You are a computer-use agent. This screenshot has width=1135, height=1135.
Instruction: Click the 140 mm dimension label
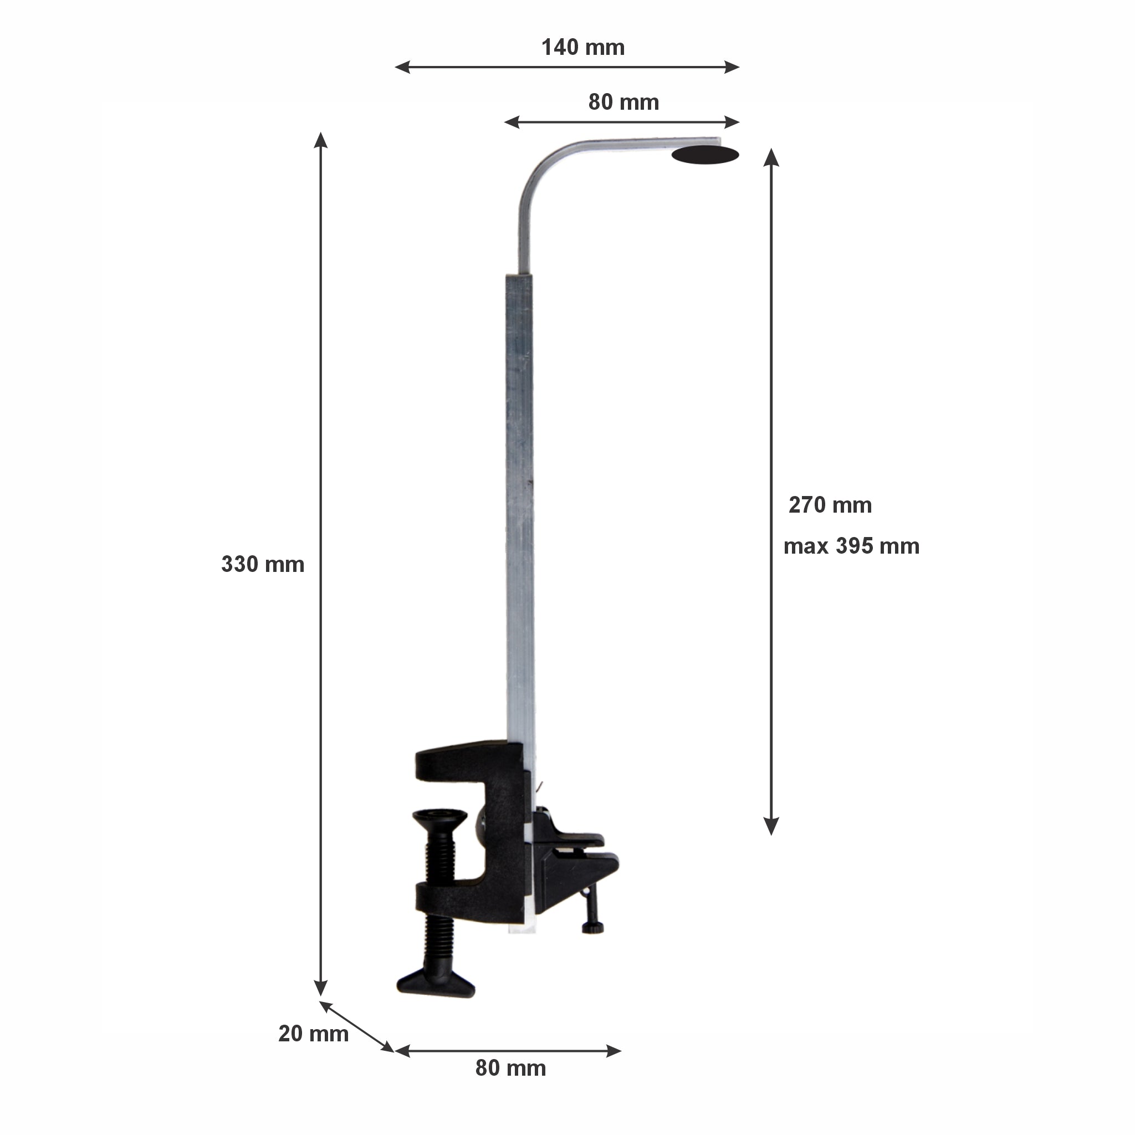583,48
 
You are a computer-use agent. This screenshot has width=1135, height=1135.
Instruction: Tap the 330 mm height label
263,565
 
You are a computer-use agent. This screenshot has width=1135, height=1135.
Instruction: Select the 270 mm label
830,505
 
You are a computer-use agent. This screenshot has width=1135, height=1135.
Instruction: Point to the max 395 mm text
851,546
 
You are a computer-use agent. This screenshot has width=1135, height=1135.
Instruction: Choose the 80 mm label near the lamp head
624,102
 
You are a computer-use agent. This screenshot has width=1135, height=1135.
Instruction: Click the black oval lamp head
705,155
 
